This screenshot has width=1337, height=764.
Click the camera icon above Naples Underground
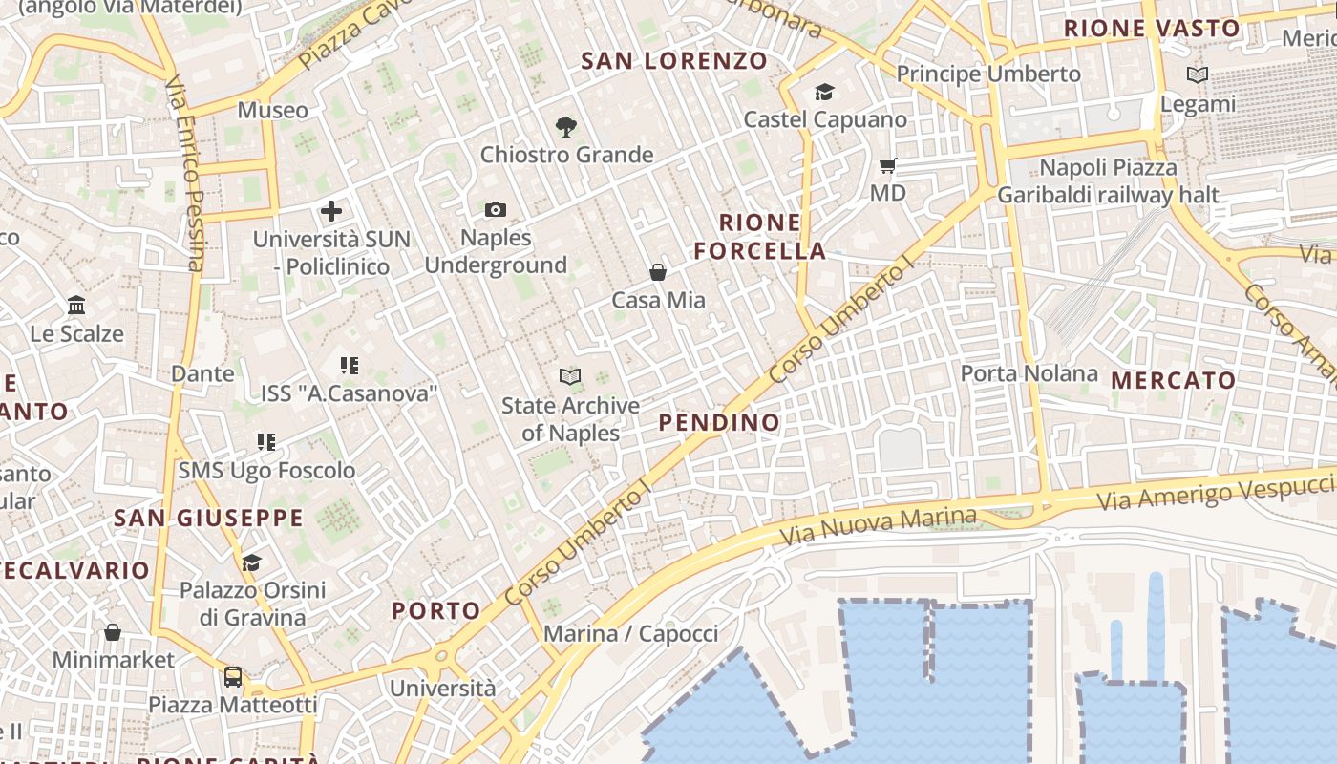coord(496,209)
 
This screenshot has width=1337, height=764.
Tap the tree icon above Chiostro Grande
coord(566,126)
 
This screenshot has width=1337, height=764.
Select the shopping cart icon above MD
coord(887,166)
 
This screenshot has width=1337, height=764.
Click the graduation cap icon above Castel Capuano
coord(824,92)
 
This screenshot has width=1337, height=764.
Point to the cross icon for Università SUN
coord(331,211)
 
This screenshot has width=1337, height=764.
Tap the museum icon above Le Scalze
coord(76,306)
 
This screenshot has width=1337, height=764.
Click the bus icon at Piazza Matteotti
coord(233,677)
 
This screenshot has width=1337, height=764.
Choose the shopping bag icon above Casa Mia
coord(658,272)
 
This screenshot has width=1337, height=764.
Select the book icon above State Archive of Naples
coord(570,377)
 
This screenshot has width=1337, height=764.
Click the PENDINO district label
coord(719,422)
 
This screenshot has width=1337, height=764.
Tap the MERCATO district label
coord(1174,380)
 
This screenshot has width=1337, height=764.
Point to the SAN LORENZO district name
coord(674,61)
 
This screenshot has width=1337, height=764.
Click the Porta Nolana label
coord(1029,373)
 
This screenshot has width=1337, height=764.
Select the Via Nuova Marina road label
coord(879,526)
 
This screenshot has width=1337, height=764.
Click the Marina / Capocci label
coord(630,633)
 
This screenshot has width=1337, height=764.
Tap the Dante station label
coord(202,373)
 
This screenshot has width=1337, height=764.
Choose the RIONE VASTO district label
coord(1152,29)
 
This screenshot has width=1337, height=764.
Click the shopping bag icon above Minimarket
coord(113,632)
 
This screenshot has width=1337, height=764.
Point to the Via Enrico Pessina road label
coord(185,174)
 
